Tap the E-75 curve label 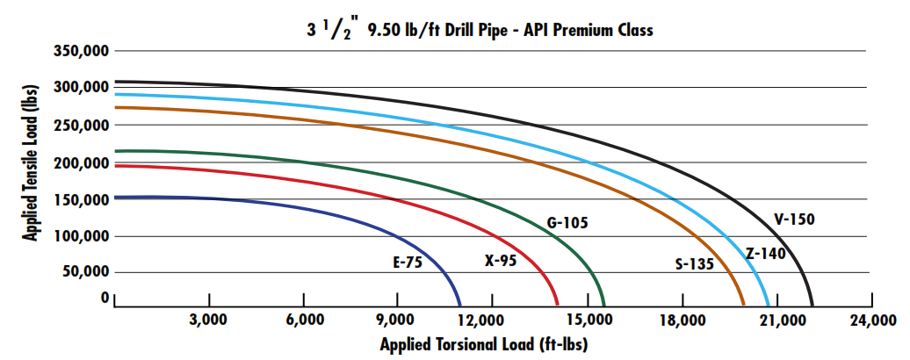pos(409,261)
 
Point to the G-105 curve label pos(567,223)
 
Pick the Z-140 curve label pos(765,254)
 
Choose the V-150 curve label pos(793,220)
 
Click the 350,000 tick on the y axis pos(80,53)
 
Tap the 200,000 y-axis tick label pos(80,163)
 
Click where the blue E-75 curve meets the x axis pos(460,304)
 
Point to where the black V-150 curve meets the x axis pos(812,304)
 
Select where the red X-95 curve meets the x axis pos(559,304)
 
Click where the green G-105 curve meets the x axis pos(603,304)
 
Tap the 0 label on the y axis pos(105,298)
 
